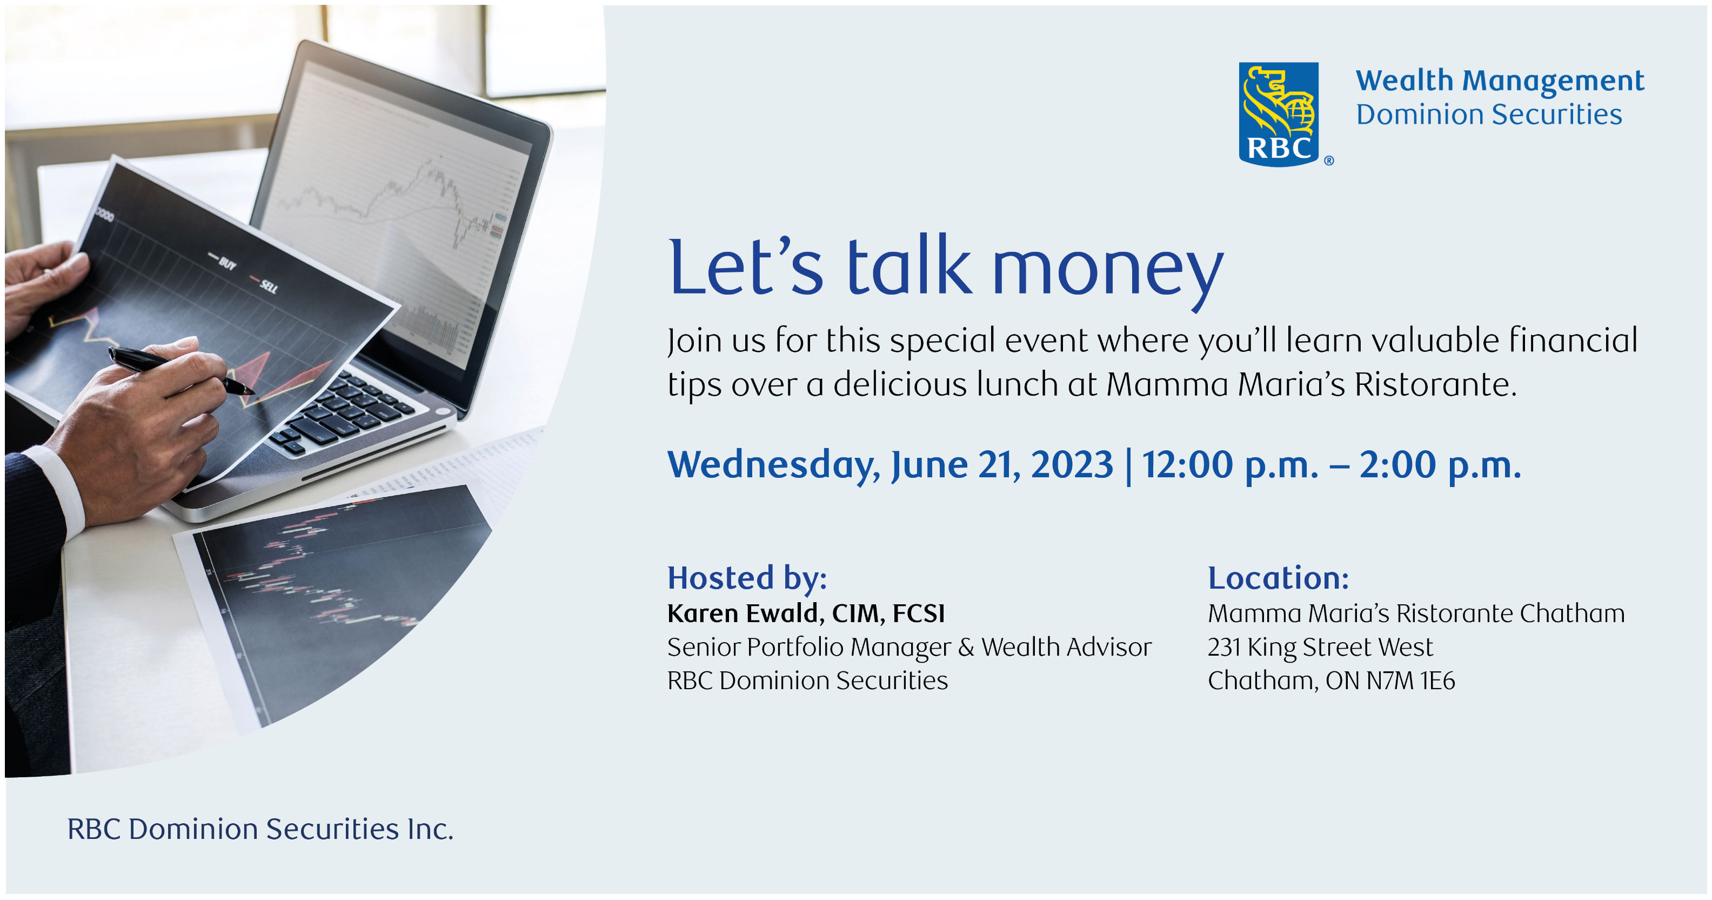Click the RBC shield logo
(1278, 115)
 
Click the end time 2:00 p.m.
(1440, 465)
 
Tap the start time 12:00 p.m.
(1230, 465)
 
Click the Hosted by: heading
(747, 578)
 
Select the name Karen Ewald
(741, 614)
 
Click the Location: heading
(1278, 578)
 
